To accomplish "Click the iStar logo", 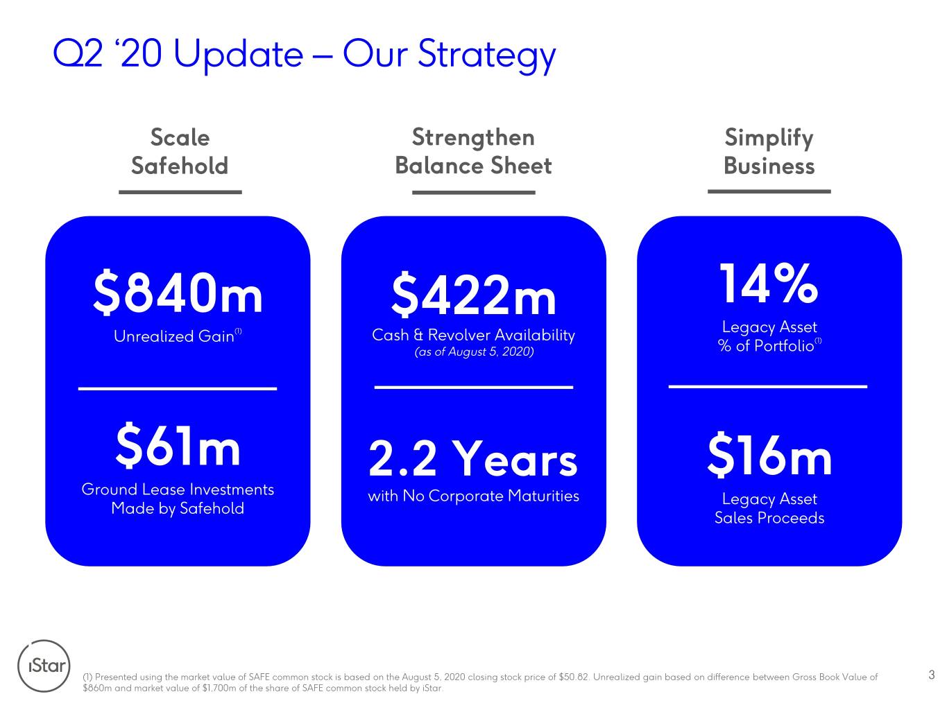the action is point(44,666).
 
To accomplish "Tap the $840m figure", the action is point(178,293).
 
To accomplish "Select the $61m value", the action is point(178,445).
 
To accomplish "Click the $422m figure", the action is point(473,295).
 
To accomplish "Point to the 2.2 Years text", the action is point(473,458).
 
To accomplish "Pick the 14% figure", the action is point(769,283).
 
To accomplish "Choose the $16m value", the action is point(769,454).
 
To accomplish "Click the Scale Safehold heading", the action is point(180,151).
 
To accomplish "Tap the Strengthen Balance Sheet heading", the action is point(473,151).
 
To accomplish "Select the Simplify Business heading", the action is point(769,151).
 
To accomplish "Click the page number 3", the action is point(932,675).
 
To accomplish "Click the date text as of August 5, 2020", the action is point(474,352).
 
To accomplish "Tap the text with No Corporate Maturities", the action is point(473,496).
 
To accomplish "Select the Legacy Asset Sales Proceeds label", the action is point(769,508).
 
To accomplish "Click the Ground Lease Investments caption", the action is point(178,499).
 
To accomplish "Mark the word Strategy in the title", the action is point(486,55).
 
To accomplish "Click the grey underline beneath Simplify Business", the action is point(769,191).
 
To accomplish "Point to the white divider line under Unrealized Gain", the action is point(178,388).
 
